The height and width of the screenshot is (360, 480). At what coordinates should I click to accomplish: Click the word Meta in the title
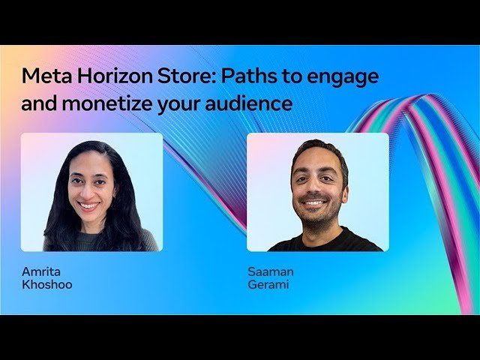tap(43, 76)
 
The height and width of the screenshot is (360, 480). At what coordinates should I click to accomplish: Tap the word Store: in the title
tap(166, 76)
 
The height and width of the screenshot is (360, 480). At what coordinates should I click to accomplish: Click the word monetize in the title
tap(109, 104)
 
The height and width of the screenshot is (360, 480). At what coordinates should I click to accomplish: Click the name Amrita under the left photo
tap(40, 271)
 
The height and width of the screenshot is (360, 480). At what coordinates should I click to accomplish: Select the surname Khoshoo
tap(47, 285)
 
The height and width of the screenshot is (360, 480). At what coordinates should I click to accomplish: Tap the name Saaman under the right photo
tap(269, 271)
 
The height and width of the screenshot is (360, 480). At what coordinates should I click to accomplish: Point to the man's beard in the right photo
tap(316, 214)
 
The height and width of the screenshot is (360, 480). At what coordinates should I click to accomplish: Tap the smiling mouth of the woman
tap(89, 205)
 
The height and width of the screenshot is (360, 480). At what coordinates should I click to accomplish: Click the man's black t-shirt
tap(322, 241)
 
